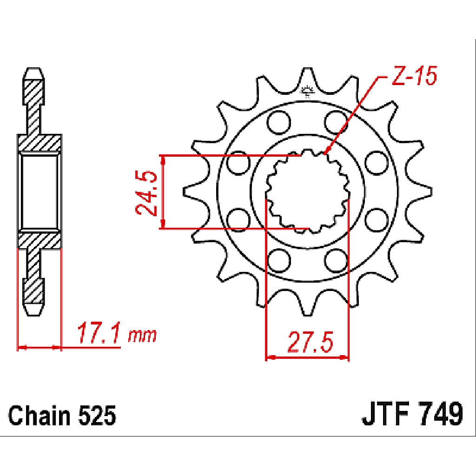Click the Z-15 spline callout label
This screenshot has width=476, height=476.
click(x=414, y=76)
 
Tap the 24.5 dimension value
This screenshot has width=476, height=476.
click(x=146, y=193)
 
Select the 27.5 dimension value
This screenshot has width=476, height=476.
click(x=310, y=343)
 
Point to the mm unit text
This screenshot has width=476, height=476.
click(x=142, y=336)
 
